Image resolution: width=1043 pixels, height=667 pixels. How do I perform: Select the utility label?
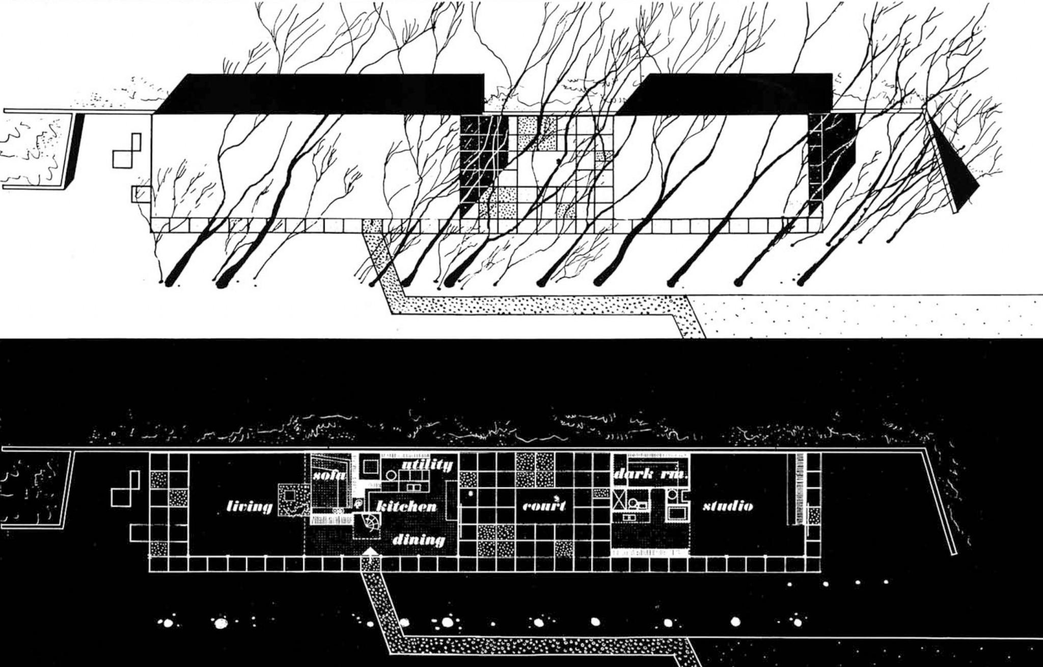point(427,465)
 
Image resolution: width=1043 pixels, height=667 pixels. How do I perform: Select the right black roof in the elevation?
point(725,93)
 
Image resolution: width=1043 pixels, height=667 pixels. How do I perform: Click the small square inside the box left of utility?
point(370,466)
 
